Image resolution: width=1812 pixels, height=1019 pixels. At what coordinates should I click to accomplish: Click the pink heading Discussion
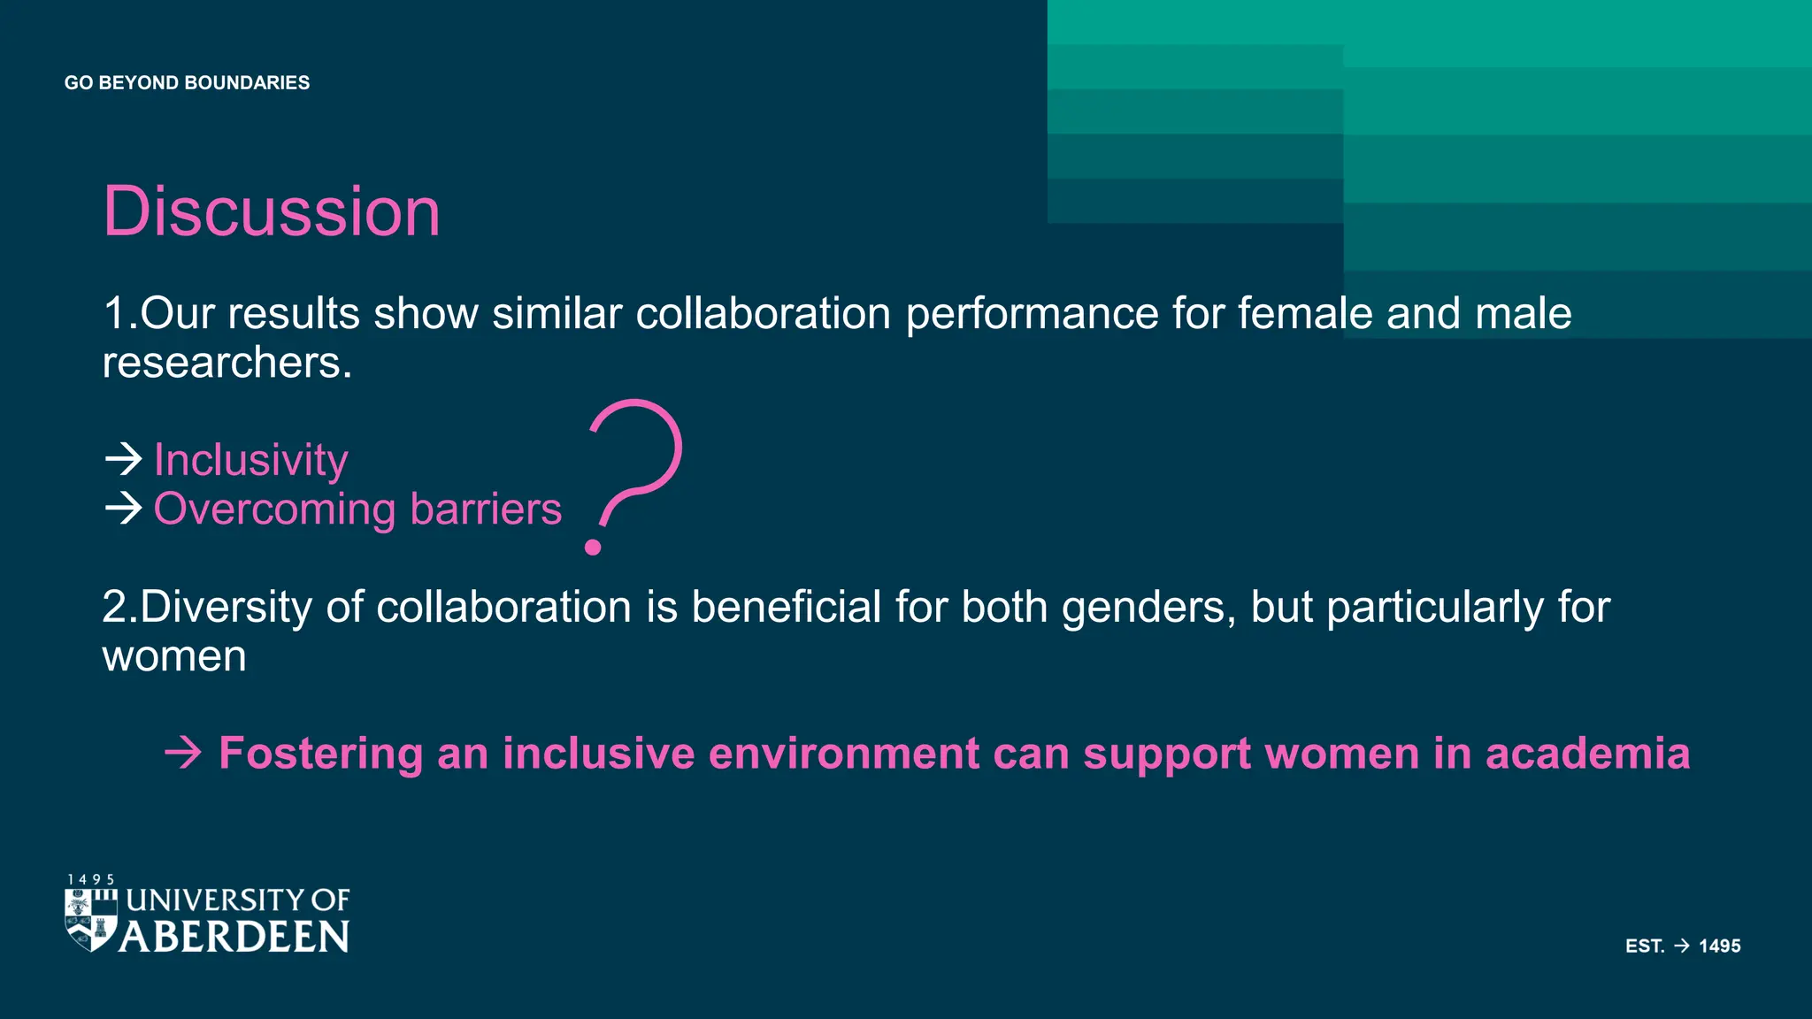(x=272, y=212)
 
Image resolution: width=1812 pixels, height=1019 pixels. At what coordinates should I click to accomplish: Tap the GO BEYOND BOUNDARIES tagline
(x=187, y=83)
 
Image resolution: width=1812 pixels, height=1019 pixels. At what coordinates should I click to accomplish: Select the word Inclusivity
(x=251, y=460)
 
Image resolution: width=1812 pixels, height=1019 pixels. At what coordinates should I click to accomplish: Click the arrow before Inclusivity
(x=123, y=458)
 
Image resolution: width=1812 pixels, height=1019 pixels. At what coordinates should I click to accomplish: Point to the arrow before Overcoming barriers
(x=123, y=508)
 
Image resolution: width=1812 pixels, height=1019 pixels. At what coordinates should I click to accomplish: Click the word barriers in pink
(x=486, y=509)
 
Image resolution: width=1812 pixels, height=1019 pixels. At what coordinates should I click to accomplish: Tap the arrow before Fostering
(x=183, y=754)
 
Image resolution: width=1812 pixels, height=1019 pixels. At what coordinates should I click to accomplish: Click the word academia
(x=1587, y=754)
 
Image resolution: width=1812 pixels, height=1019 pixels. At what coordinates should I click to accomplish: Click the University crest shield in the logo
(x=90, y=920)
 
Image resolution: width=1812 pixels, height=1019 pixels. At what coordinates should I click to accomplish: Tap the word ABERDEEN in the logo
(x=234, y=937)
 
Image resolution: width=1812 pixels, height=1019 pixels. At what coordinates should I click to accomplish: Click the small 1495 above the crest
(x=91, y=879)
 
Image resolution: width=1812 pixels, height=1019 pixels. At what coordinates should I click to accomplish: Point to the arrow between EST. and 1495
(x=1682, y=946)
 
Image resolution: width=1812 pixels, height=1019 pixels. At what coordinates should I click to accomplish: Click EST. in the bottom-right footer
(x=1645, y=946)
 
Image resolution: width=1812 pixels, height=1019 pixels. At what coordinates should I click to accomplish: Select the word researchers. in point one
(x=227, y=363)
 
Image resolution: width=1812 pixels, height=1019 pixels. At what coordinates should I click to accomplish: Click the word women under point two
(x=174, y=656)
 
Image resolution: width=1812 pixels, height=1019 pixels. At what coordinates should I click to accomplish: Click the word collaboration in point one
(x=763, y=314)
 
